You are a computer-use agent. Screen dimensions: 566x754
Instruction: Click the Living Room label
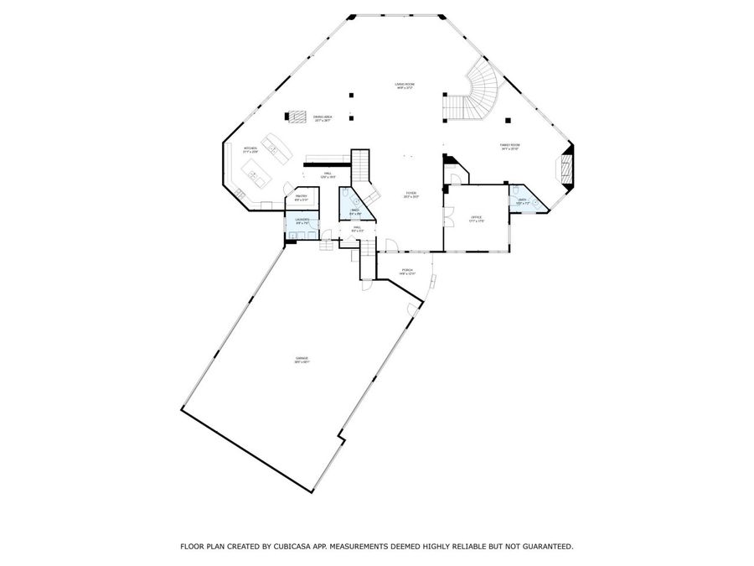pos(406,86)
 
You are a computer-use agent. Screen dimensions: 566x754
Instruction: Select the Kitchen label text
pos(250,150)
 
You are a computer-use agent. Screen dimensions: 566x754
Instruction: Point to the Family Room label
pos(510,147)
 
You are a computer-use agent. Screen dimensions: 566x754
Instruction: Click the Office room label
pos(476,218)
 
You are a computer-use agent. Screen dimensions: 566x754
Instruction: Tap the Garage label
pos(302,361)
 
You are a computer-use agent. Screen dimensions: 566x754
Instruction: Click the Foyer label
pos(411,195)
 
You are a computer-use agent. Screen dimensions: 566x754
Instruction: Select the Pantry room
pos(301,199)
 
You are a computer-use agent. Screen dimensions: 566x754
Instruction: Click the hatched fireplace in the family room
pos(566,165)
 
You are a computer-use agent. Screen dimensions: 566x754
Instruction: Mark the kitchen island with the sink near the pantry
pos(255,174)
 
